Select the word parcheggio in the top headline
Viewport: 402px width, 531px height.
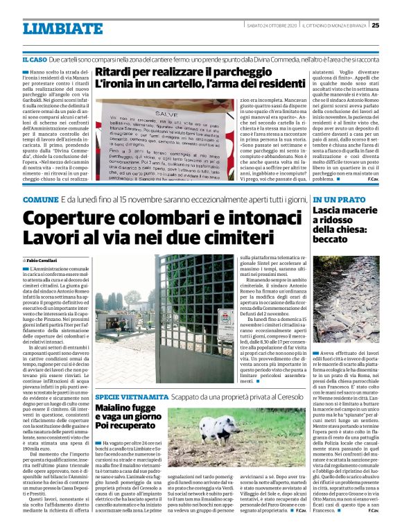pos(234,71)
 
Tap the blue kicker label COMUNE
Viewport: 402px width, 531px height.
pos(40,200)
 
